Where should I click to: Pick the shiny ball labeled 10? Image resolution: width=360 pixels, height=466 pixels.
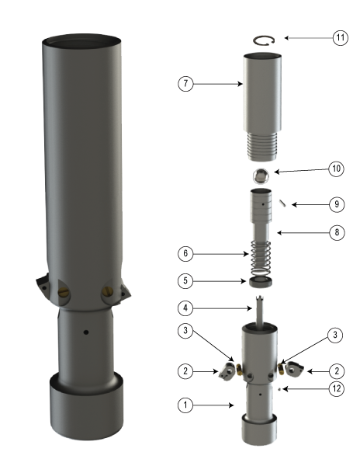[x=262, y=176]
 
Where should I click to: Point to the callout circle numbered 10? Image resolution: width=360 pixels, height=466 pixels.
[x=336, y=169]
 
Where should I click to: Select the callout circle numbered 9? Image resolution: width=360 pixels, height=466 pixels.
[x=336, y=204]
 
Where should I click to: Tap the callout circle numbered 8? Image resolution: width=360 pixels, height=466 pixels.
[x=336, y=232]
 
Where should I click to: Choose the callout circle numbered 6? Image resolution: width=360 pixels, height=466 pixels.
[x=185, y=253]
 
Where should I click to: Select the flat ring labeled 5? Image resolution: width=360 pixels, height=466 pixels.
[x=263, y=280]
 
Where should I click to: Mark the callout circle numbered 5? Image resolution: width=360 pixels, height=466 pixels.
[x=185, y=280]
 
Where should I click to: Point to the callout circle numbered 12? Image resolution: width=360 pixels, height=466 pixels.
[x=336, y=389]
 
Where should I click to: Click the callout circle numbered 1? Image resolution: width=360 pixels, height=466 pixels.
[x=185, y=404]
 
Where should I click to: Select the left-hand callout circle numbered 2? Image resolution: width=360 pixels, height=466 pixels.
[x=185, y=371]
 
